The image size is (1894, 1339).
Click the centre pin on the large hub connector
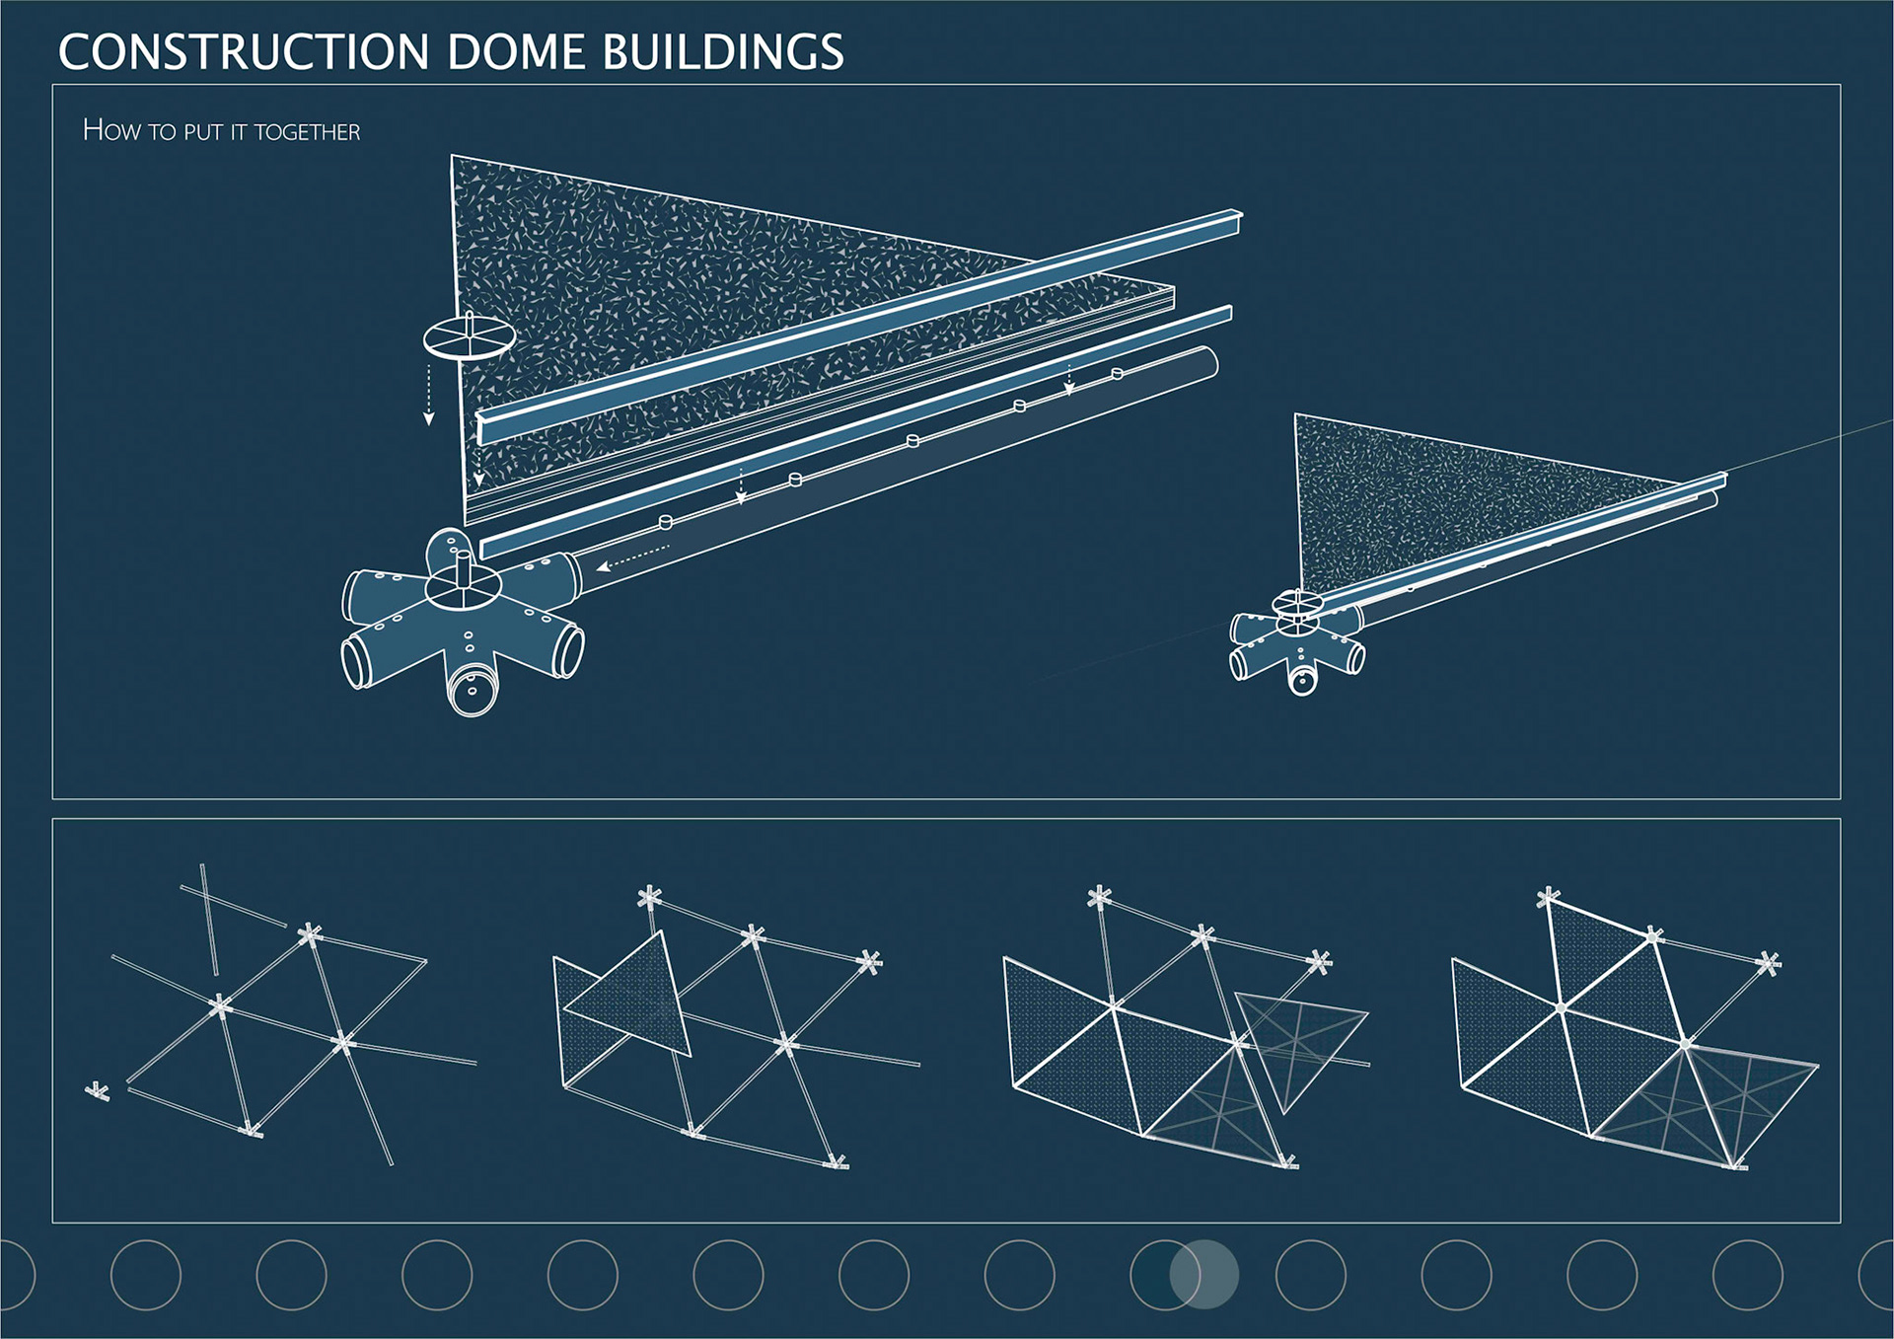[464, 569]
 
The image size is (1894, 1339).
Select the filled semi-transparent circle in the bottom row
[1203, 1275]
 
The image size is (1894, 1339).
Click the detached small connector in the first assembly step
[97, 1091]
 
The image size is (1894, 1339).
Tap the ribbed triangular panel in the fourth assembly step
[1707, 1100]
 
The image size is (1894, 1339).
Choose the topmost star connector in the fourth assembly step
[1548, 898]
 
